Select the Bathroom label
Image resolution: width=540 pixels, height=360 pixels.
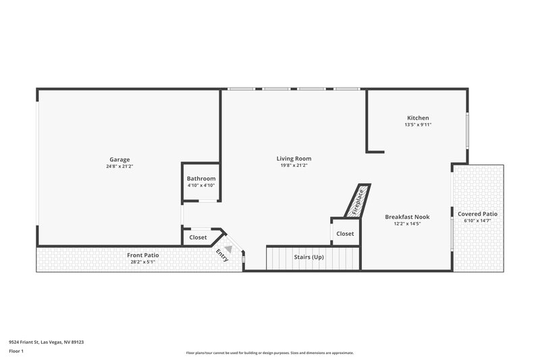pos(201,178)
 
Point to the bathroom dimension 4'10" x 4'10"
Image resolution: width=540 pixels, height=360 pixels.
pos(201,185)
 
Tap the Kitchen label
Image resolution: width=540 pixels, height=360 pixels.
pos(418,118)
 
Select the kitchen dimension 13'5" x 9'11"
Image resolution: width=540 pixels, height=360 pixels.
pos(418,124)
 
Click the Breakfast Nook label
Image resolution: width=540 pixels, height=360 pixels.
pos(407,217)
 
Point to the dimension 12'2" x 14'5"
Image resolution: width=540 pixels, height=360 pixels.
pos(407,224)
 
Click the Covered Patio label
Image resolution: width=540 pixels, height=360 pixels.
pos(478,213)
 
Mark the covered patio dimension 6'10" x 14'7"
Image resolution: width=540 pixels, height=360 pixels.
pos(478,220)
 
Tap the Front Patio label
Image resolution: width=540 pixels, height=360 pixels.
pos(143,255)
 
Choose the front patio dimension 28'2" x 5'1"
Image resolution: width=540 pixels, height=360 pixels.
pos(143,261)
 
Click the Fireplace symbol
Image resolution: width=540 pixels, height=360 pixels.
pos(358,201)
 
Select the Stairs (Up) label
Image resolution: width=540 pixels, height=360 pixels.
pos(308,257)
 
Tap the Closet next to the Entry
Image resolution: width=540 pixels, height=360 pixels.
pos(198,237)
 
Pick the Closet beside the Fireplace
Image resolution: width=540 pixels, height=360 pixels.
pos(345,234)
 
